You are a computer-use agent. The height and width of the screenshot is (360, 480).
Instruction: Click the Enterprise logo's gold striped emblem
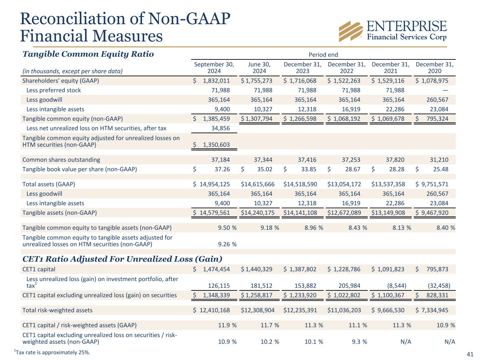point(351,31)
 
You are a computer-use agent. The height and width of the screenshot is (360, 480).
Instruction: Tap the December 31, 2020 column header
point(434,67)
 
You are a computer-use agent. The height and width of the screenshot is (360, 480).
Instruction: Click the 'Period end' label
point(323,54)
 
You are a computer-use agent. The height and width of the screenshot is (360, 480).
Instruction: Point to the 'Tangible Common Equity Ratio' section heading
point(88,54)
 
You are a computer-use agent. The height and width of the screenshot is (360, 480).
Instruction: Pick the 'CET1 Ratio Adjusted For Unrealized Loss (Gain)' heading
point(122,259)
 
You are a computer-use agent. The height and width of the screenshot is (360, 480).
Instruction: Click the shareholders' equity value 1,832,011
point(216,81)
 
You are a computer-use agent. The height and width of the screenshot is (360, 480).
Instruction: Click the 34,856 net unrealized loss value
point(220,128)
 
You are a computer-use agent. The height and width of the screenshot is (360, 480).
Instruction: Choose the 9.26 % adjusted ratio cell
point(227,244)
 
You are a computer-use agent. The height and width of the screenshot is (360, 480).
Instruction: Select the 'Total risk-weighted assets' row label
point(57,310)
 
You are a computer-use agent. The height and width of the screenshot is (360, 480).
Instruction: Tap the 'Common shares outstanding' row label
point(61,160)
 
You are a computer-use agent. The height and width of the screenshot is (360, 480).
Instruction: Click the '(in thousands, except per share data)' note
point(72,71)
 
